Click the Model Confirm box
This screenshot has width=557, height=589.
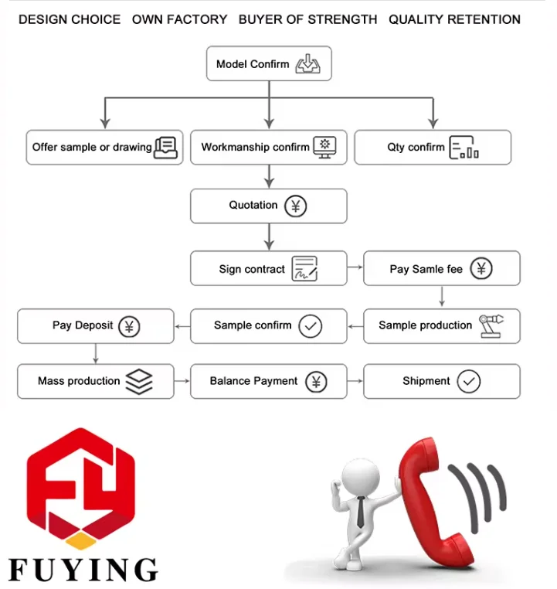(268, 64)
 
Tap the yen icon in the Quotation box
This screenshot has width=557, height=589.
(295, 206)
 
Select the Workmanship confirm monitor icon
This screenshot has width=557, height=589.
(324, 147)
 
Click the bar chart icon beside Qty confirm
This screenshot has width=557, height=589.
(464, 148)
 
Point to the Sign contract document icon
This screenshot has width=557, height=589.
(305, 269)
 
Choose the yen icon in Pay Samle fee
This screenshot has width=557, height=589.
(481, 269)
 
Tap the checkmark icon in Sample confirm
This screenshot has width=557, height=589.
(310, 326)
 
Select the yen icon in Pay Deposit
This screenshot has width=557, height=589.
(129, 326)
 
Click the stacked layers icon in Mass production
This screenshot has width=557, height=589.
(139, 381)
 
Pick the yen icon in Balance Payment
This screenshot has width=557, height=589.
(315, 381)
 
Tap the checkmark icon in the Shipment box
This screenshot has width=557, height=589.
(468, 381)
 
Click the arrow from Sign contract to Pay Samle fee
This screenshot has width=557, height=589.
(355, 267)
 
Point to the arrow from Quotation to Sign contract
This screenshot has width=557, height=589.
(269, 235)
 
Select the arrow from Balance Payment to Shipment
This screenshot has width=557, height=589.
(355, 380)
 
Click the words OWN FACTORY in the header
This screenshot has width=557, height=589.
(179, 19)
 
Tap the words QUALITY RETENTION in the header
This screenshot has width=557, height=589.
(454, 19)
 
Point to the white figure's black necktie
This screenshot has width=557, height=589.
(361, 509)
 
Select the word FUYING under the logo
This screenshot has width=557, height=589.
(83, 569)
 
